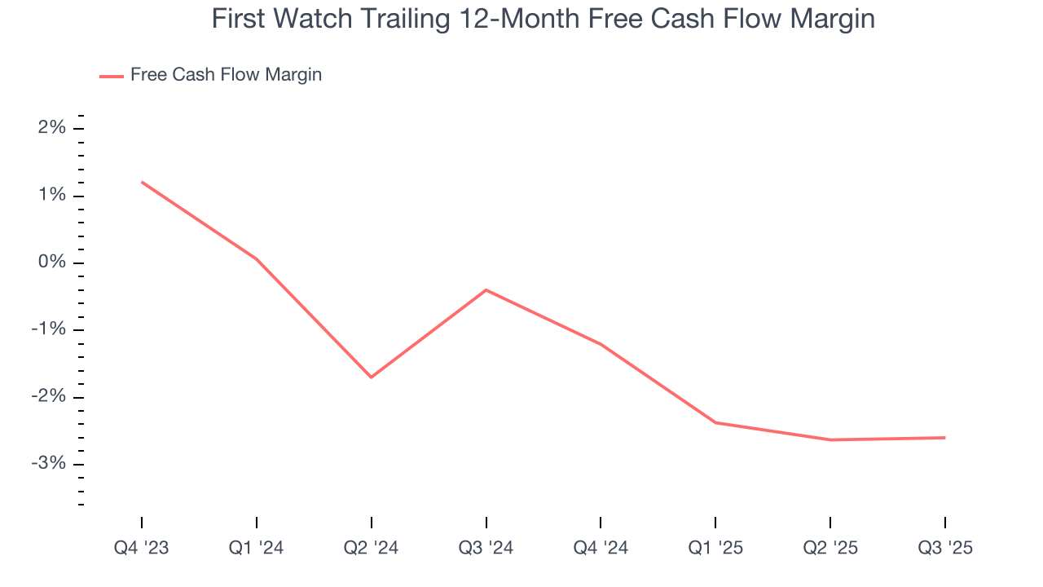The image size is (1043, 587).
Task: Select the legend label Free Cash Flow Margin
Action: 226,75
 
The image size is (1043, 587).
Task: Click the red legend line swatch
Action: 111,76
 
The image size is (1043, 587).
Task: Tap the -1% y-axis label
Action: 50,330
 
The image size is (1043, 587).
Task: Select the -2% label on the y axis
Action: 50,397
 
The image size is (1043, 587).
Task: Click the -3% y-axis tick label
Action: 50,464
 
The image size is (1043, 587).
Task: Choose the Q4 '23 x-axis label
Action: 142,548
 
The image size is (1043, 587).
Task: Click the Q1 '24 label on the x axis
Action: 257,548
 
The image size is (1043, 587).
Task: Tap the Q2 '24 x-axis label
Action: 372,548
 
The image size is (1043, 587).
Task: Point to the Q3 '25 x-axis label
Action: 945,548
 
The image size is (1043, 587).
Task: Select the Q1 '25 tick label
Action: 715,548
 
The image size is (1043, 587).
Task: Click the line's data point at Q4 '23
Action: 142,182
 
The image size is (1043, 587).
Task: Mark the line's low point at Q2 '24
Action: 372,377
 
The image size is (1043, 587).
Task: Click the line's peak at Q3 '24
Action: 486,289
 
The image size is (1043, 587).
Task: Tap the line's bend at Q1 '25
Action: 715,422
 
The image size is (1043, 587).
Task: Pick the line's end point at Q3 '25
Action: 945,438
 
